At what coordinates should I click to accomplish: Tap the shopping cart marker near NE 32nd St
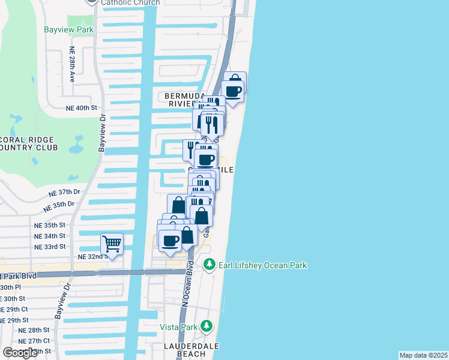pyautogui.click(x=112, y=244)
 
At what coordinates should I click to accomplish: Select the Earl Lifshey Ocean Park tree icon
pyautogui.click(x=209, y=264)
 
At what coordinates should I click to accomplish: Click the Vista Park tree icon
pyautogui.click(x=206, y=326)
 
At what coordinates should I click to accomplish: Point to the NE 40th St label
pyautogui.click(x=82, y=107)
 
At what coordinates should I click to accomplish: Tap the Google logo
pyautogui.click(x=20, y=352)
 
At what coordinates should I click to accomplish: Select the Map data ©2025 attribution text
pyautogui.click(x=424, y=355)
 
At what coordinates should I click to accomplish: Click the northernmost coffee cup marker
pyautogui.click(x=233, y=91)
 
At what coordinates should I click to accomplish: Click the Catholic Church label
pyautogui.click(x=130, y=2)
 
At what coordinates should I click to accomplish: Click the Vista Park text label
pyautogui.click(x=179, y=327)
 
